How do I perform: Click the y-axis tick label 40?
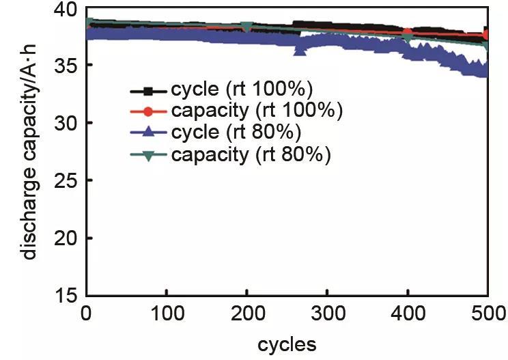pyautogui.click(x=65, y=10)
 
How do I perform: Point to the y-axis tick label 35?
pyautogui.click(x=65, y=66)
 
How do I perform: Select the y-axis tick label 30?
pyautogui.click(x=65, y=124)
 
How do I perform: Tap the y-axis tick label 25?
pyautogui.click(x=65, y=181)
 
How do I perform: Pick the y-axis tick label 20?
pyautogui.click(x=65, y=239)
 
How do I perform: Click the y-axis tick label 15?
pyautogui.click(x=65, y=296)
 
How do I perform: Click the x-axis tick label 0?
pyautogui.click(x=87, y=314)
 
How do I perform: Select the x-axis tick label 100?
pyautogui.click(x=167, y=314)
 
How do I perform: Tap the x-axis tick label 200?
pyautogui.click(x=247, y=314)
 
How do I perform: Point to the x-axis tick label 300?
pyautogui.click(x=328, y=314)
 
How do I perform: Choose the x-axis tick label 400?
pyautogui.click(x=408, y=314)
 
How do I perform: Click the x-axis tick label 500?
pyautogui.click(x=488, y=314)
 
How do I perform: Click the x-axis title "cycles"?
pyautogui.click(x=287, y=344)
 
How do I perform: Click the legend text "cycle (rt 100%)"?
pyautogui.click(x=242, y=90)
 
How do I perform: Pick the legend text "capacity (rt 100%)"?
pyautogui.click(x=257, y=111)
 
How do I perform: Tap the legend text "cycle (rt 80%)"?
pyautogui.click(x=236, y=132)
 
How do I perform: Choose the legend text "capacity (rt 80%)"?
pyautogui.click(x=251, y=154)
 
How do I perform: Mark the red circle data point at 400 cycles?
pyautogui.click(x=408, y=33)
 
